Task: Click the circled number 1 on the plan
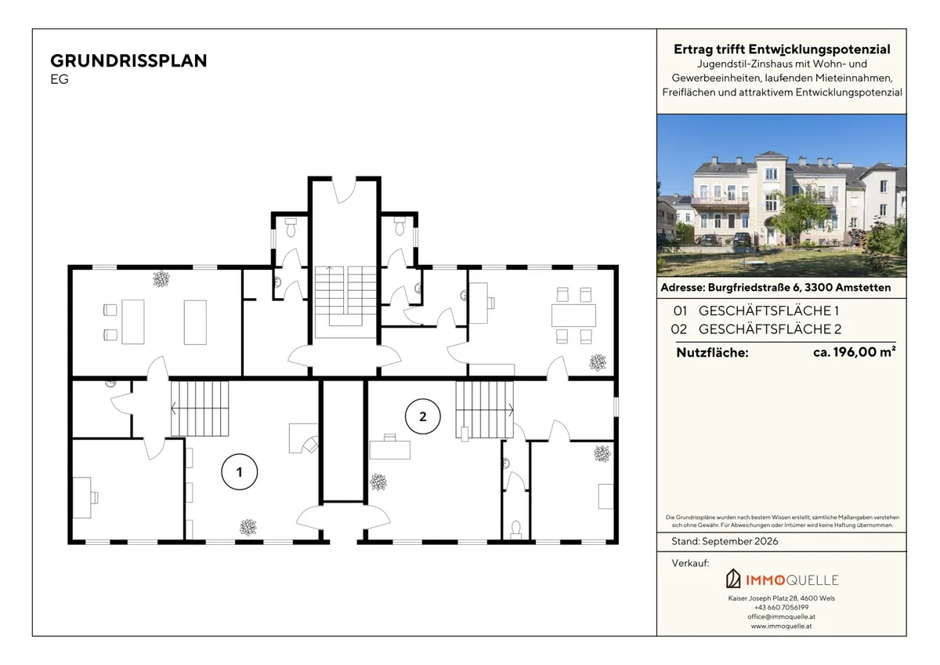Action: pos(240,472)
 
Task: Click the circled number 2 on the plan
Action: pos(422,416)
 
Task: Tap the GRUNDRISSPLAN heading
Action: pos(128,61)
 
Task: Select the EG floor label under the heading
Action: pos(60,79)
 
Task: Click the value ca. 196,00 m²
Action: pos(855,351)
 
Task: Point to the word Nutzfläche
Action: pos(712,352)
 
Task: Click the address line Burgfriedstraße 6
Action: pos(775,288)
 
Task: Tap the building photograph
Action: pos(782,196)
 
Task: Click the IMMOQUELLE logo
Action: pos(783,580)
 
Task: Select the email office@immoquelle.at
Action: pos(782,616)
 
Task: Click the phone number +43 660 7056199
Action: pos(782,608)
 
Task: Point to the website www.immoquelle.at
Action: pos(782,626)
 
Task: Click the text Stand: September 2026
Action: pos(725,542)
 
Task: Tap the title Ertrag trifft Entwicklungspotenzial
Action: pos(782,49)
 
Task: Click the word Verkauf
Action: pos(690,563)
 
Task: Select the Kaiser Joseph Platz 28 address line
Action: pos(782,598)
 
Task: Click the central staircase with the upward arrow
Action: pos(345,302)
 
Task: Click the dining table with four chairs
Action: pos(573,315)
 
